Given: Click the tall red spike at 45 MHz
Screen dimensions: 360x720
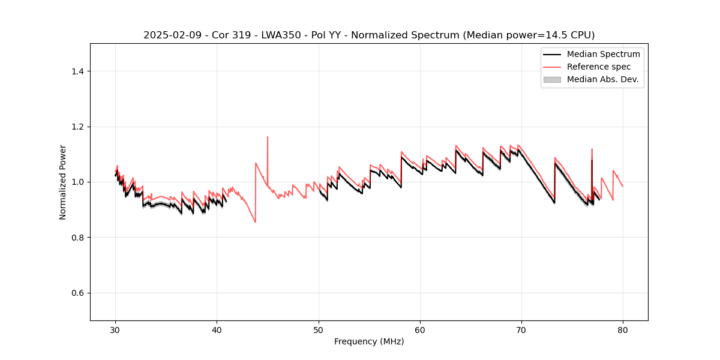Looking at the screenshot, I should click(x=268, y=137).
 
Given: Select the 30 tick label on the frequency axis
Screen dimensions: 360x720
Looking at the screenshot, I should click(x=116, y=330).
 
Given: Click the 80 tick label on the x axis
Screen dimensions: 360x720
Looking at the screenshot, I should click(x=623, y=330).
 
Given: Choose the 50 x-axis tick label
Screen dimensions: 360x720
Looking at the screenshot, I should click(x=319, y=330).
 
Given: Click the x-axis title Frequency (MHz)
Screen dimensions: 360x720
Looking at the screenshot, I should click(x=369, y=342).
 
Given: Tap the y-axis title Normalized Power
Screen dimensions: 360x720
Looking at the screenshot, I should click(x=63, y=182).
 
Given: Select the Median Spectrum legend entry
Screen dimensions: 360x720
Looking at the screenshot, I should click(x=603, y=54).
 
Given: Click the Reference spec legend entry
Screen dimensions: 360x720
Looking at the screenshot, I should click(x=598, y=67).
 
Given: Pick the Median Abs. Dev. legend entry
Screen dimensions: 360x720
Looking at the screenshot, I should click(x=602, y=79).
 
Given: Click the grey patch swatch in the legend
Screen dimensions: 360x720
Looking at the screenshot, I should click(x=552, y=79).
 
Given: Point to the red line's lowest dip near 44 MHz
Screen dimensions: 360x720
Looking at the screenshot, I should click(x=255, y=222).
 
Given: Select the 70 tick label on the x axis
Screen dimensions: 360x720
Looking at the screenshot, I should click(x=521, y=330).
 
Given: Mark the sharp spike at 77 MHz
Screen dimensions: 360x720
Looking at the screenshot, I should click(x=592, y=149).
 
